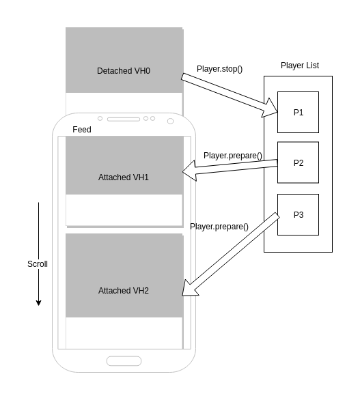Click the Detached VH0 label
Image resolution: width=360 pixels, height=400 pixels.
click(x=124, y=71)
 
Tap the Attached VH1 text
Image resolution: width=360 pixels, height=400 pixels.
click(x=124, y=177)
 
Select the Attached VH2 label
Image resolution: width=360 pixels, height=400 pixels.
click(x=124, y=291)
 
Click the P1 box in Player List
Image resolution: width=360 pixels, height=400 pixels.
click(x=298, y=113)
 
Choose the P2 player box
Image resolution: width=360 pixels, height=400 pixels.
click(x=298, y=163)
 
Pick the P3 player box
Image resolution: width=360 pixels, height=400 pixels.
click(x=298, y=215)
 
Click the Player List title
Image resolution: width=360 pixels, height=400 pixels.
click(x=299, y=66)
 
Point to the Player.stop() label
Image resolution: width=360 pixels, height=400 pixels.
click(x=219, y=69)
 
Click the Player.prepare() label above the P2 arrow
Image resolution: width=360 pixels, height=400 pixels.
click(x=233, y=156)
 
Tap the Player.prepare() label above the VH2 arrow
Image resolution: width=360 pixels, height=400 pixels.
click(x=219, y=227)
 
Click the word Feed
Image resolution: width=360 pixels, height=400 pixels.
click(x=82, y=130)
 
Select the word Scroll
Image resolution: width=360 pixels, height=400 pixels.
click(x=38, y=264)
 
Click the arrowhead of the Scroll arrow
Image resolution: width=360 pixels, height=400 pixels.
click(x=38, y=302)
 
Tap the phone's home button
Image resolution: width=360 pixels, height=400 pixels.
click(x=124, y=361)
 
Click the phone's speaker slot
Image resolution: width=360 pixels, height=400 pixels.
click(x=124, y=119)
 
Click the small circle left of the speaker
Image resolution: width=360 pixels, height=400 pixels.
click(x=100, y=119)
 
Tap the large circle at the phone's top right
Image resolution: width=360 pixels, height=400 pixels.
click(x=170, y=122)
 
